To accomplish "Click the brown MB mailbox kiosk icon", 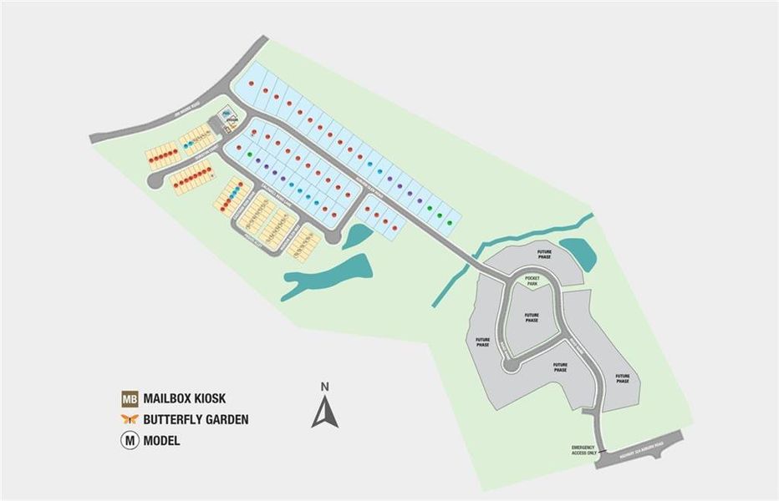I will coord(130,398).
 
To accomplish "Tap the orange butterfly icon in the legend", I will coord(130,419).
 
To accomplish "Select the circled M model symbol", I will coord(130,440).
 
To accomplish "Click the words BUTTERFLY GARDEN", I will coord(196,419).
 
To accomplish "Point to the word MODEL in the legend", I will coord(161,440).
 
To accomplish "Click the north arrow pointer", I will coord(325,412).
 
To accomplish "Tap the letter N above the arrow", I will coord(325,386).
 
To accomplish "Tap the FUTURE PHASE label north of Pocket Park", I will coord(545,254).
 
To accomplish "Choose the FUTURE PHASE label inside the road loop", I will coord(532,317).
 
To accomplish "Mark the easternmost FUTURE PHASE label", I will coord(623,378).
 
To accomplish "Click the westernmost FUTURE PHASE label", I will coord(482,342).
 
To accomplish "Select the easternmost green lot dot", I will coord(450,223).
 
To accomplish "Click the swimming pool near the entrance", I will coord(227,114).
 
